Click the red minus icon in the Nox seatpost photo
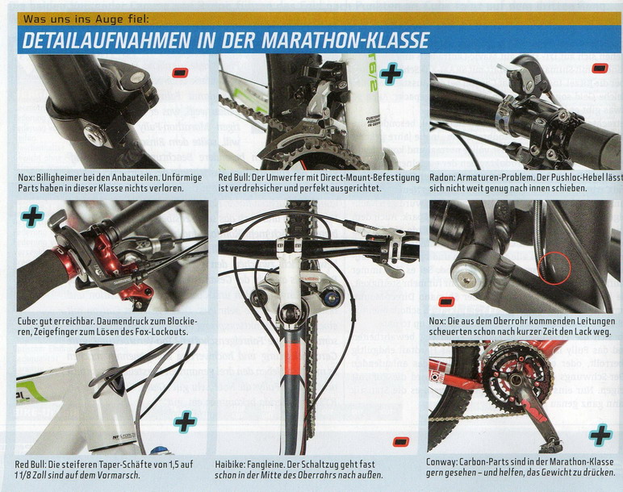(x=180, y=73)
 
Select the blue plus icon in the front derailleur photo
(x=391, y=74)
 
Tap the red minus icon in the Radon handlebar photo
(x=600, y=69)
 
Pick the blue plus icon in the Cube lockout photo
(x=32, y=216)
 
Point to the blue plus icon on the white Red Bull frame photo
(x=185, y=422)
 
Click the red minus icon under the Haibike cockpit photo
(x=401, y=441)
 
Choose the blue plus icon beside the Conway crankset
(x=600, y=435)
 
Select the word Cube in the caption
(x=26, y=321)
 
